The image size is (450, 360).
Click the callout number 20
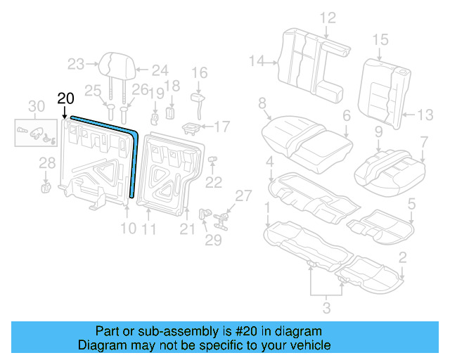(x=65, y=98)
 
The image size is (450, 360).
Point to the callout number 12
(x=328, y=18)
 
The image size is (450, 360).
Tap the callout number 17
(x=222, y=127)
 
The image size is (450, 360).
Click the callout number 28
(x=46, y=163)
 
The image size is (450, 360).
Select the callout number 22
(x=213, y=183)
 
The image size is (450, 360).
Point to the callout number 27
(x=243, y=195)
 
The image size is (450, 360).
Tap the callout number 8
(x=262, y=105)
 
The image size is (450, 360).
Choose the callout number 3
(x=326, y=307)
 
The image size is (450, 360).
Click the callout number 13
(x=426, y=115)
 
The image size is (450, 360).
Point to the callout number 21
(x=186, y=229)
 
